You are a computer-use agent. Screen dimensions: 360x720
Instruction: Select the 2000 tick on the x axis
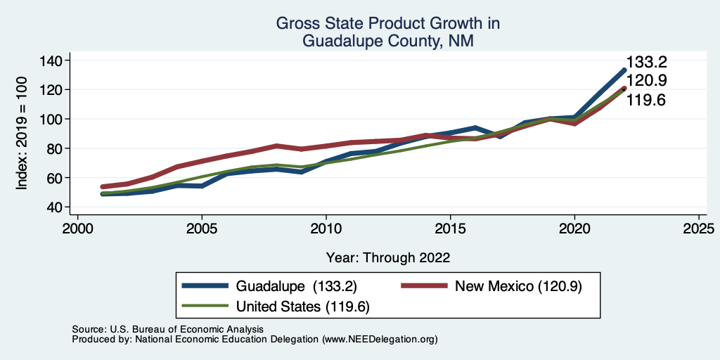pyautogui.click(x=77, y=229)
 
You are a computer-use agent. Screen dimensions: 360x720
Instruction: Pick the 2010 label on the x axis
pyautogui.click(x=326, y=229)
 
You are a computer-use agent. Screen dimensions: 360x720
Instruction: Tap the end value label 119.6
pyautogui.click(x=647, y=100)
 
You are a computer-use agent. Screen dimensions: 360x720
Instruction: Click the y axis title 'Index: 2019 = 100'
pyautogui.click(x=22, y=134)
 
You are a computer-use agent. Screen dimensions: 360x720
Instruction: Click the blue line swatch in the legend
pyautogui.click(x=205, y=285)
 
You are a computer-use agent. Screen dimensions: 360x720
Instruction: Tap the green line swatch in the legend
pyautogui.click(x=205, y=307)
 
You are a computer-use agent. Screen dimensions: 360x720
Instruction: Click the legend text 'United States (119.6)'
pyautogui.click(x=303, y=307)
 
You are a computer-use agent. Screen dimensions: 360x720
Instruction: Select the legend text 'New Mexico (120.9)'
pyautogui.click(x=519, y=285)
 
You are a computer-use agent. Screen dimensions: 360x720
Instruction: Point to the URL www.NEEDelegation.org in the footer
pyautogui.click(x=378, y=339)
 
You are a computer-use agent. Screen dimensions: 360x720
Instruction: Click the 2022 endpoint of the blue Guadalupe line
pyautogui.click(x=624, y=70)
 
